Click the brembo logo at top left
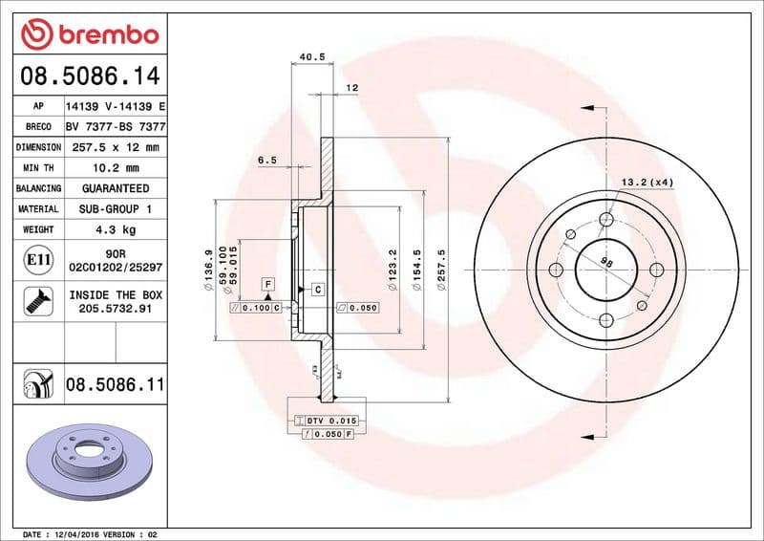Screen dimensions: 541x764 click(x=89, y=35)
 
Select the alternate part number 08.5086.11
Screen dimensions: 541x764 click(x=115, y=385)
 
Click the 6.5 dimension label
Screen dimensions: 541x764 click(x=266, y=161)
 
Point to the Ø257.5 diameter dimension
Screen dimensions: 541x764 click(x=441, y=271)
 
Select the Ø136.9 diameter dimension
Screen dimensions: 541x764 click(x=207, y=270)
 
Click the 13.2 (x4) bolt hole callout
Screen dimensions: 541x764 click(x=647, y=182)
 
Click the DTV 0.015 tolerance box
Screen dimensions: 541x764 click(x=327, y=421)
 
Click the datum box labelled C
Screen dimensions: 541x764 click(x=316, y=289)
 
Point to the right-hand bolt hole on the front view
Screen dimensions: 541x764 click(x=656, y=270)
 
